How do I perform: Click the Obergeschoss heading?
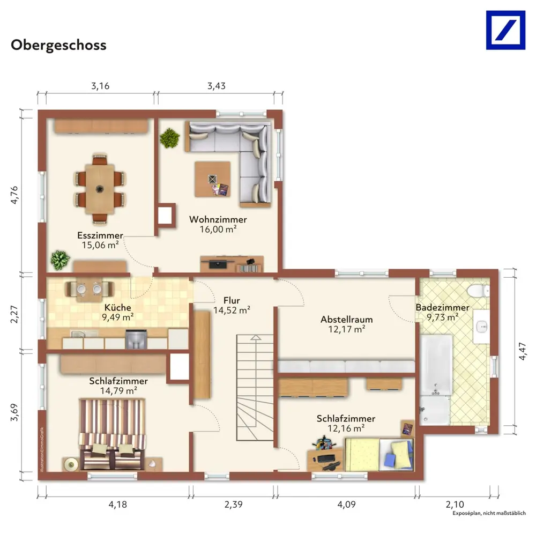(58, 45)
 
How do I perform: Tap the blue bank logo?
(505, 30)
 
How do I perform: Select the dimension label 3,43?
(217, 86)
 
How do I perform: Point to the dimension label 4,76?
(14, 195)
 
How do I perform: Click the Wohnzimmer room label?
(218, 219)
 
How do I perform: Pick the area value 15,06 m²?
(100, 245)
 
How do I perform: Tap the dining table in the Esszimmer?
(100, 189)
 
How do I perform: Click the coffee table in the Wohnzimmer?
(212, 179)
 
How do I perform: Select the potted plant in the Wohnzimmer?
(169, 138)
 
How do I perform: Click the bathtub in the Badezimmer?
(436, 365)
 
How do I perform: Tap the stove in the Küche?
(136, 339)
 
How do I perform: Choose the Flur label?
(232, 300)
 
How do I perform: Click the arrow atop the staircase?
(256, 337)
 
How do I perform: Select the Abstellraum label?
(347, 320)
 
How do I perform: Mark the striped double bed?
(112, 434)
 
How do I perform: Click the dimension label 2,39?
(234, 504)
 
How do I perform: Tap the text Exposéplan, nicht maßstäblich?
(489, 513)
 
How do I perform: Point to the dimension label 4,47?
(522, 351)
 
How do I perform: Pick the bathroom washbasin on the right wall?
(482, 327)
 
